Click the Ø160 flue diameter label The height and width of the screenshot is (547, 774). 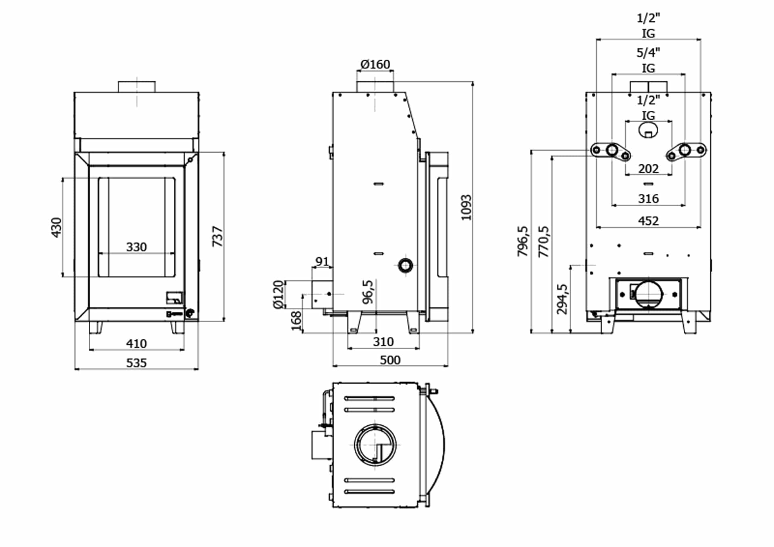click(375, 64)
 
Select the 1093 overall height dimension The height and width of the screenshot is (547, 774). click(466, 208)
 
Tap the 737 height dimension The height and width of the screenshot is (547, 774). click(217, 236)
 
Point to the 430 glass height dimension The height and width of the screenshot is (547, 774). click(56, 227)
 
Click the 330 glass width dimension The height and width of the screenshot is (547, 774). click(136, 247)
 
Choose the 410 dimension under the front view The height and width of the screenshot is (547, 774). click(136, 344)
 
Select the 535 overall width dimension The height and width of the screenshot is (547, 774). click(136, 363)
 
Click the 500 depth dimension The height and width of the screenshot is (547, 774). click(390, 360)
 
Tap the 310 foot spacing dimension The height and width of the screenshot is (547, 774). click(383, 342)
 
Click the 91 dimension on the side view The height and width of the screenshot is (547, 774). click(322, 262)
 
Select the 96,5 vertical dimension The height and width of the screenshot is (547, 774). click(368, 292)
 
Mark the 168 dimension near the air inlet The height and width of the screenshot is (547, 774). click(296, 321)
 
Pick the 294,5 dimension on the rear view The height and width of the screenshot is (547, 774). click(562, 299)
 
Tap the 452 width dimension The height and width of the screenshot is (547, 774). click(648, 221)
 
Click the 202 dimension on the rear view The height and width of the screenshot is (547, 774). click(648, 168)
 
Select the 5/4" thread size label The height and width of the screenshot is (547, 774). click(648, 52)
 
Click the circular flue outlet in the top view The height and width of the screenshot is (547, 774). click(375, 445)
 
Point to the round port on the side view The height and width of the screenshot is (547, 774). click(405, 265)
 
